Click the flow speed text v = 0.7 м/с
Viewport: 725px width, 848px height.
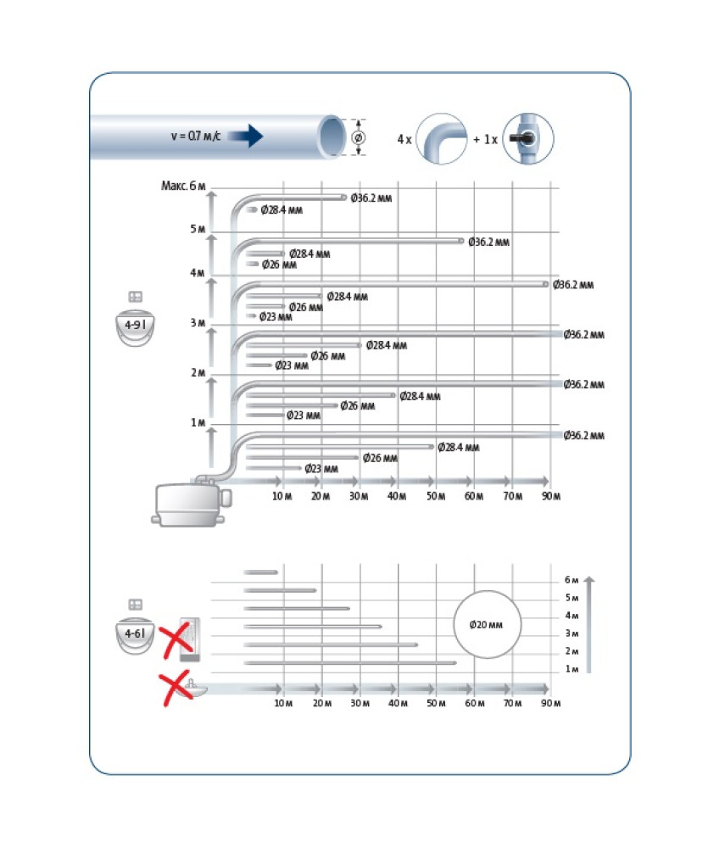click(x=196, y=136)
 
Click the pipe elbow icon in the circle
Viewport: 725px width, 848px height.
click(x=442, y=139)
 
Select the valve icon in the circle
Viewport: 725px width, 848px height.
click(x=528, y=139)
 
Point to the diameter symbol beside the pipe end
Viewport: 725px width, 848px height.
click(x=358, y=137)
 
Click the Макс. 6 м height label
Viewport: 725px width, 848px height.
click(x=184, y=186)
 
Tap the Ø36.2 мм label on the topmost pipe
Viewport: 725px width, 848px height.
click(x=371, y=198)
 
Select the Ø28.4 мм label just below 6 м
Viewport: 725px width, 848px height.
click(x=282, y=209)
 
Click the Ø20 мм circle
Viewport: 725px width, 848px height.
click(x=487, y=625)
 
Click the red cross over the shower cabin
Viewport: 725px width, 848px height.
click(x=176, y=640)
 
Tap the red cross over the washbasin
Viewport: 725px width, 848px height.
click(x=176, y=688)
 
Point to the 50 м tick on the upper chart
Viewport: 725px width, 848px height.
click(x=436, y=496)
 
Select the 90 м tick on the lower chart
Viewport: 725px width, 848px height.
click(x=551, y=703)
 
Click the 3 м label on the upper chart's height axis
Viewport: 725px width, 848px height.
click(x=198, y=323)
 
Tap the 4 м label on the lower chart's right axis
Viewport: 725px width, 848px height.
click(x=572, y=616)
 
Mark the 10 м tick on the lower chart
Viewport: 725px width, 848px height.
click(x=283, y=703)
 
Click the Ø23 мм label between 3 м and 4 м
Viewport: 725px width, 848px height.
click(x=276, y=317)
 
